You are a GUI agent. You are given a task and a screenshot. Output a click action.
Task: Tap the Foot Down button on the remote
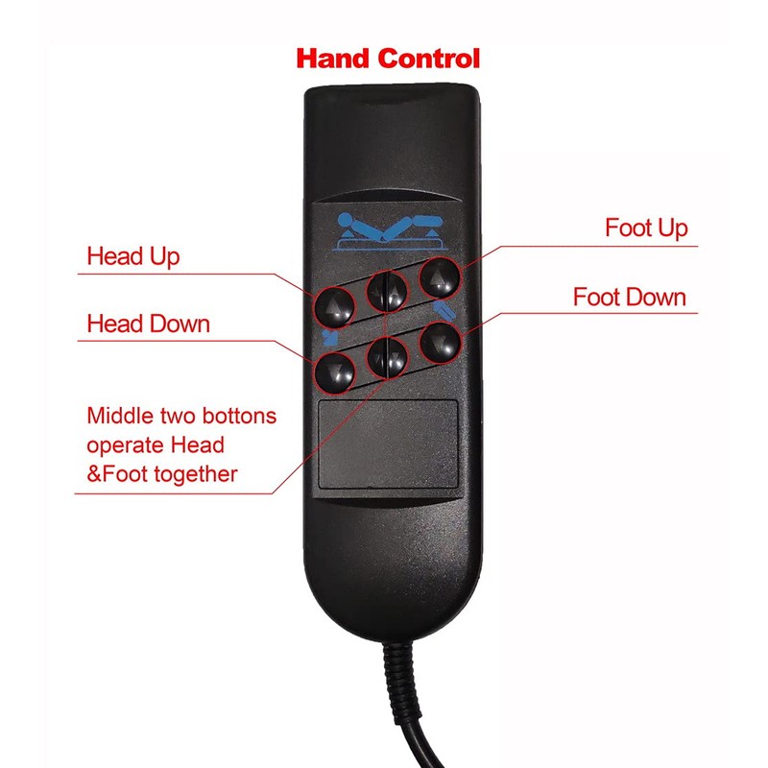click(440, 341)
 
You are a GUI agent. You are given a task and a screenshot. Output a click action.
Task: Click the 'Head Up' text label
click(132, 257)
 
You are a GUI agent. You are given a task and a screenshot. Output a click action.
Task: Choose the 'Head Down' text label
click(148, 323)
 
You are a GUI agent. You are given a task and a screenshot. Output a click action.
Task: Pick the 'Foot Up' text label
click(646, 228)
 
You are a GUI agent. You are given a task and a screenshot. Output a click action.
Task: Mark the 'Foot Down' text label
click(630, 297)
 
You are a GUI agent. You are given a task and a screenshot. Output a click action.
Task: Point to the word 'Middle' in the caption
click(114, 418)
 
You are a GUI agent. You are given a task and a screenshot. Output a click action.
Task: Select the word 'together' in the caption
click(198, 474)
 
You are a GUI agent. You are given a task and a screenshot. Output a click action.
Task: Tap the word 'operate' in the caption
click(122, 445)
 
